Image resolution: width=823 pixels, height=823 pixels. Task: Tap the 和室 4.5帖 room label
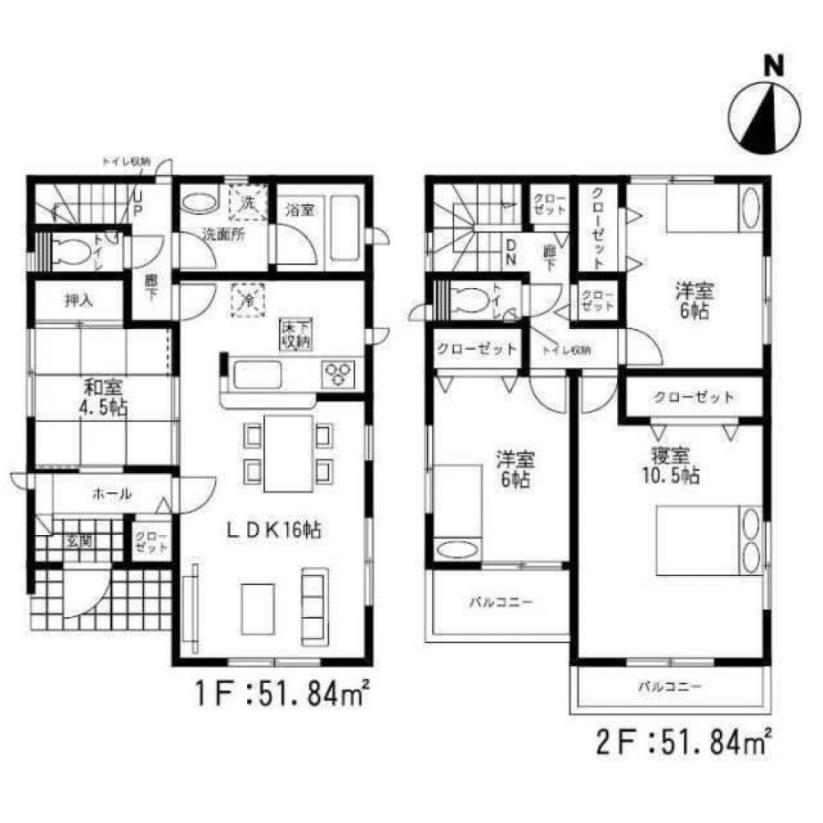(x=104, y=395)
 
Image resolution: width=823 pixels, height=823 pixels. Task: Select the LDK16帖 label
(x=273, y=531)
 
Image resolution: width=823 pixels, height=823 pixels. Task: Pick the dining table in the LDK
(x=288, y=453)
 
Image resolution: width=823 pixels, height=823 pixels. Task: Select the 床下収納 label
(x=294, y=336)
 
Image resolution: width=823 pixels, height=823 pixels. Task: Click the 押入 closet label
(x=80, y=300)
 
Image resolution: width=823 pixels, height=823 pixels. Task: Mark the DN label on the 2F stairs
(x=510, y=253)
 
